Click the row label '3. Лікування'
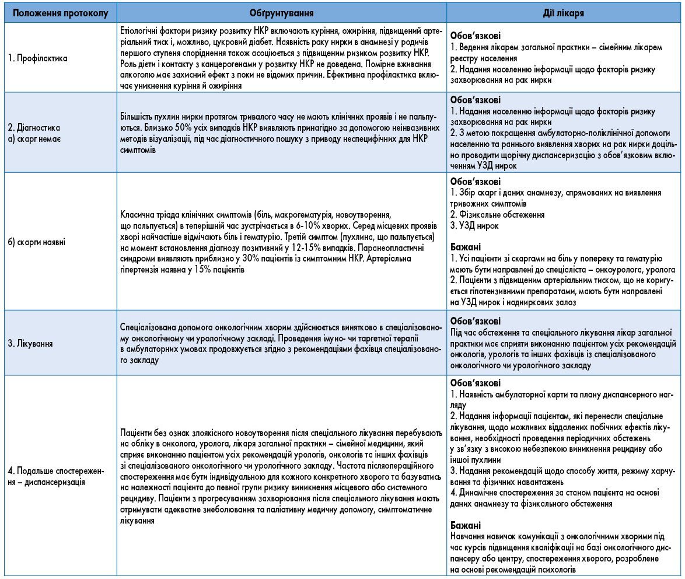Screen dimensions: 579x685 tap(30, 344)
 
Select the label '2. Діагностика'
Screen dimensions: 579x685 tap(34, 127)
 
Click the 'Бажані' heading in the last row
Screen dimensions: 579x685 tap(465, 525)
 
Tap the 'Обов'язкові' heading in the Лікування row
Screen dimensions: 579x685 tap(475, 321)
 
